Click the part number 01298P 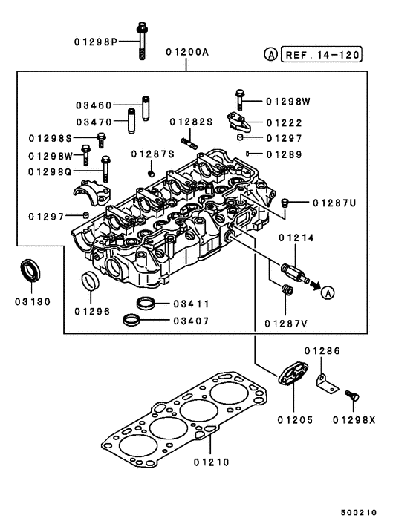(96, 41)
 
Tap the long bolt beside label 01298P (141, 42)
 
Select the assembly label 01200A (187, 54)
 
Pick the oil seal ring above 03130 (30, 270)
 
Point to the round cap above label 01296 (89, 282)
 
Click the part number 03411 (191, 304)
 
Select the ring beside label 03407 (133, 321)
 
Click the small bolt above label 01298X (354, 399)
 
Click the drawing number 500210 (360, 512)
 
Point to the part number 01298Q (50, 171)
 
